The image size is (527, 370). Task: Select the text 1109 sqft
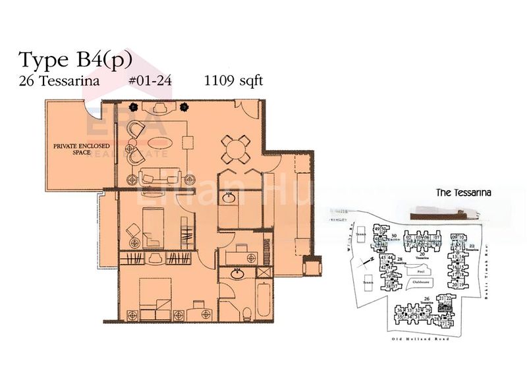pyautogui.click(x=235, y=82)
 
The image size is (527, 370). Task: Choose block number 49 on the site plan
pyautogui.click(x=377, y=228)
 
